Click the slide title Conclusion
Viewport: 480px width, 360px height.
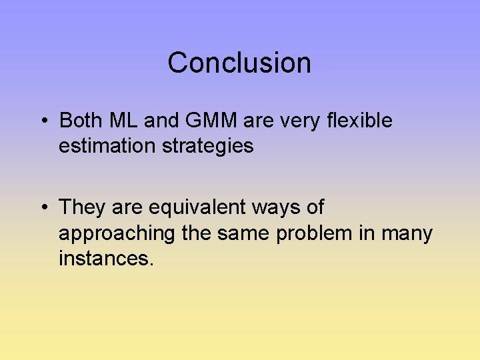(239, 63)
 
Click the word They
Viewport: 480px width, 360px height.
(83, 207)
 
